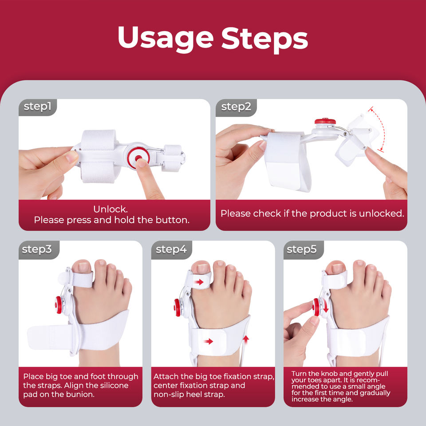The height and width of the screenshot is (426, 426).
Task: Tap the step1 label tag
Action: coord(38,106)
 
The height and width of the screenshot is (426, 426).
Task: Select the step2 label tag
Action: coord(236,106)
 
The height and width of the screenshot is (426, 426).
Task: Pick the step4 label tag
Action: coord(171,249)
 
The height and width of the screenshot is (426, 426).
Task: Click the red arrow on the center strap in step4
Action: coord(207,341)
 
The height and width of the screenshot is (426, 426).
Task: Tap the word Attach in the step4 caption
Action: coord(166,377)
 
